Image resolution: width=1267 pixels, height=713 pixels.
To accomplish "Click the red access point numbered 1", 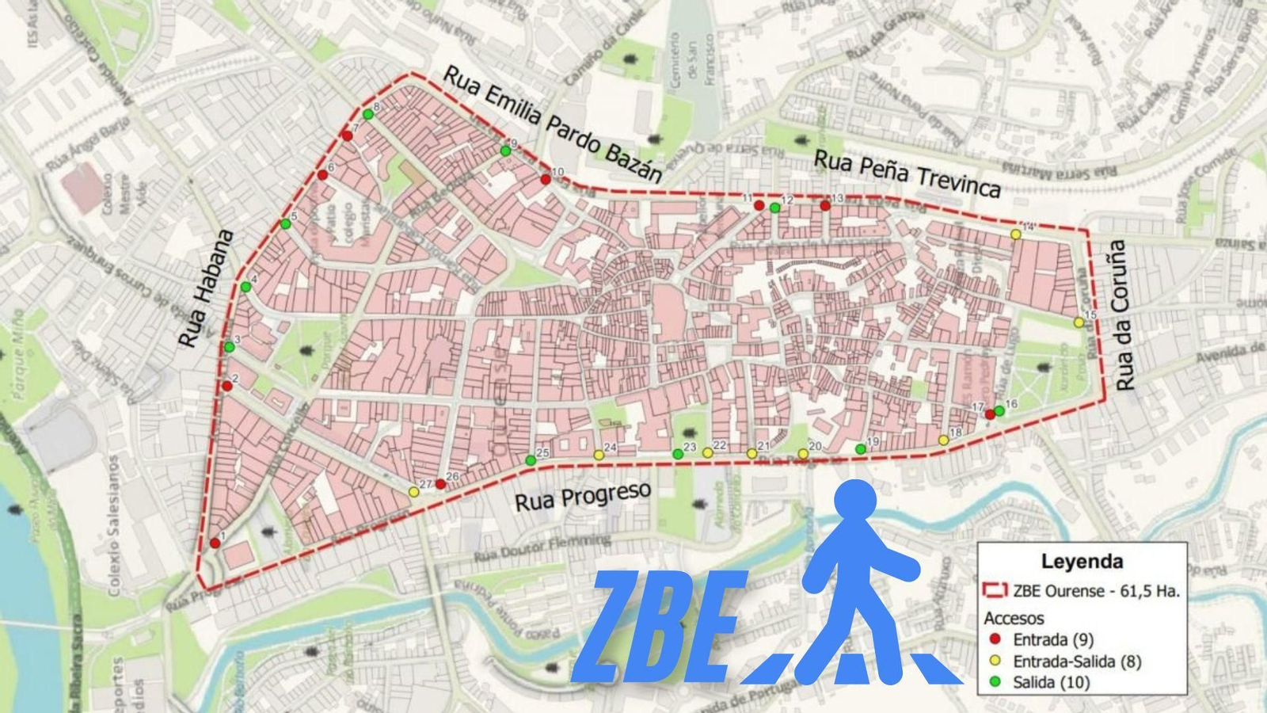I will (215, 543).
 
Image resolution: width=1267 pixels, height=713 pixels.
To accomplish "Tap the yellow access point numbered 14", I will (1015, 234).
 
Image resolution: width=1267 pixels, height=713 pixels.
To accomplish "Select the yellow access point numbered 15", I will (1079, 322).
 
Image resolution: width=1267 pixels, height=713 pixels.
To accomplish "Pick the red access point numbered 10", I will (546, 179).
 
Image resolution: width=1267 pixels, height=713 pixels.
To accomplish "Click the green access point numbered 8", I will (368, 114).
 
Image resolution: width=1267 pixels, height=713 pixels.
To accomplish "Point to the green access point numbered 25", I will (531, 460).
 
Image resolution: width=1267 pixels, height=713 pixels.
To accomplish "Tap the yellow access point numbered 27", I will (413, 491).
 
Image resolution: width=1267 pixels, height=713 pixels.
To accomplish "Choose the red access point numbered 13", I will (825, 205).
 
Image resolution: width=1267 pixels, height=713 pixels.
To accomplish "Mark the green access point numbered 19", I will (861, 449).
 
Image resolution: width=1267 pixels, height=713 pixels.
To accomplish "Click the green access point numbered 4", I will (245, 287).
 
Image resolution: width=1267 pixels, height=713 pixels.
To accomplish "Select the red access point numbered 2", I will (227, 386).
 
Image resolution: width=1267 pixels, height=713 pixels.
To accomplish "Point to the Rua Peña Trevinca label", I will (907, 173).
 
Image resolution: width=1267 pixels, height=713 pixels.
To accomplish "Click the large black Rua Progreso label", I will (583, 496).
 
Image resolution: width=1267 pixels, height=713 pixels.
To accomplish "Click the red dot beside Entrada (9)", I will (995, 639).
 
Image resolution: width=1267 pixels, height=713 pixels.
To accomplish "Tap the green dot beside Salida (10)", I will (995, 681).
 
